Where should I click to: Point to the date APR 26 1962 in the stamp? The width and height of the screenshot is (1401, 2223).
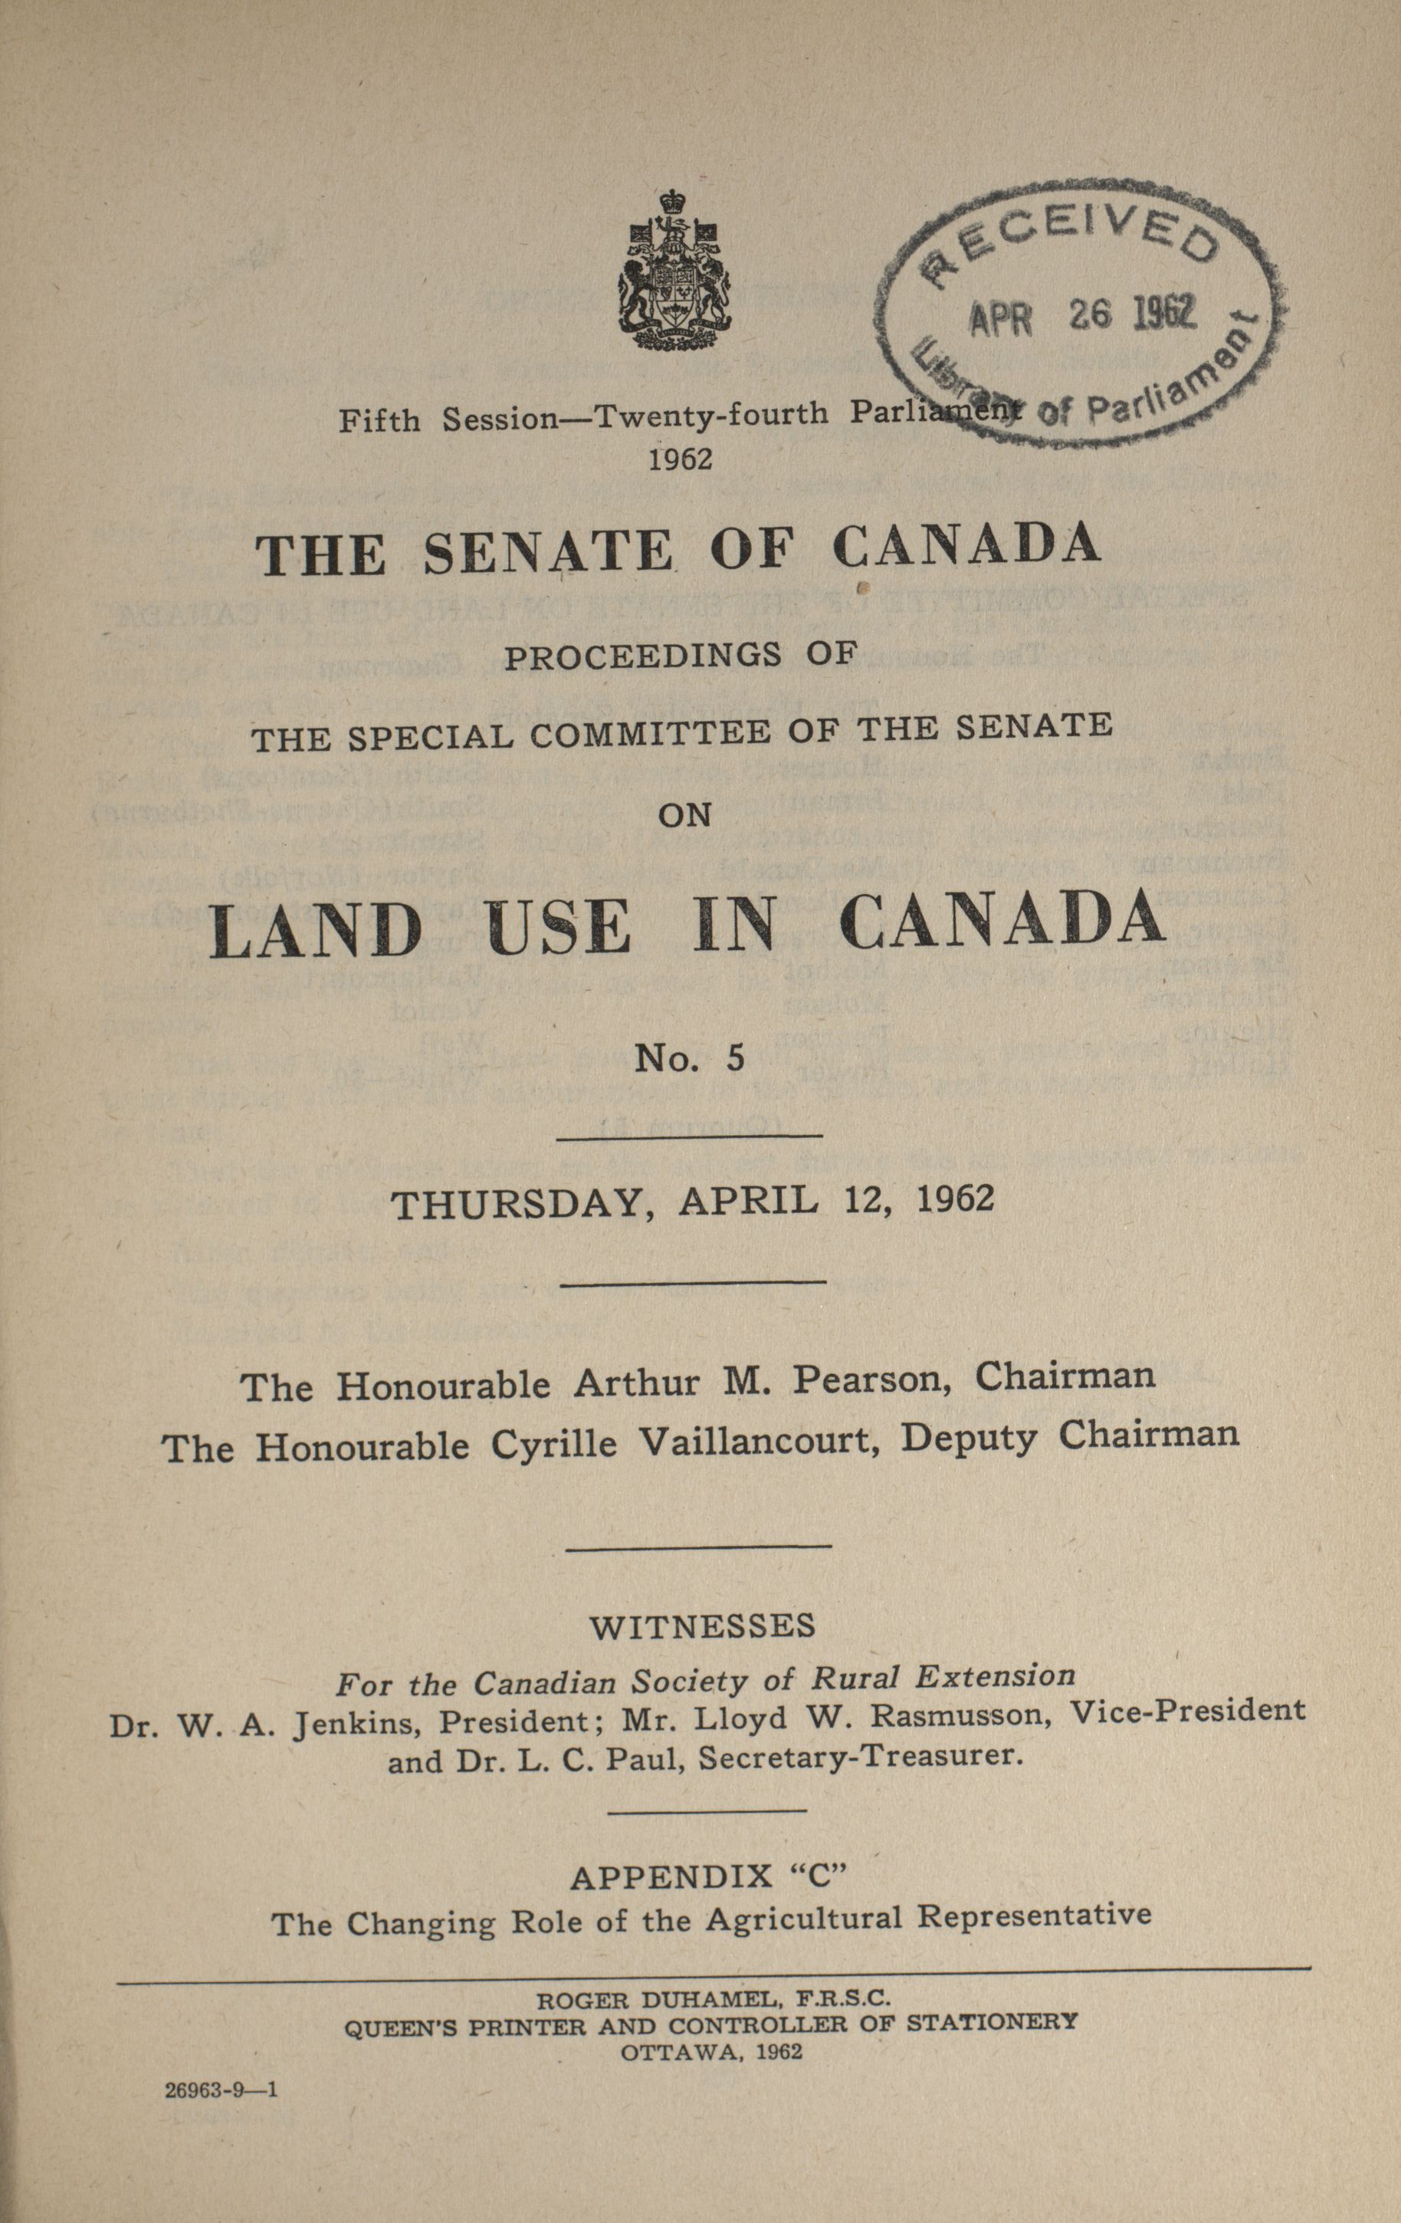coord(1080,317)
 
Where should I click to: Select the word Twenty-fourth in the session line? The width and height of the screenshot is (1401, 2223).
coord(710,416)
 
